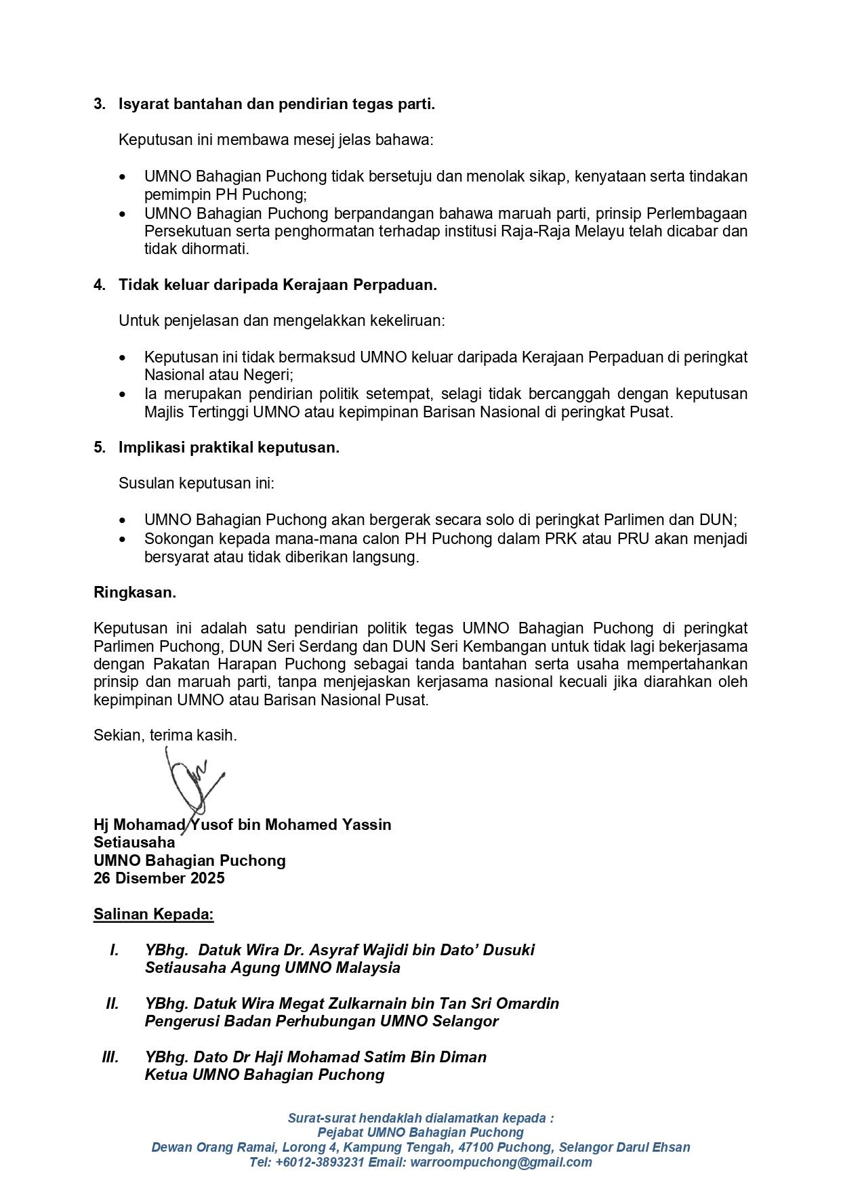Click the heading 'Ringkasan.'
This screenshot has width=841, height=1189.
click(135, 592)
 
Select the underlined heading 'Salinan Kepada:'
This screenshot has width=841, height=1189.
click(153, 914)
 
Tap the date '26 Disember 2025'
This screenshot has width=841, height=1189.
click(159, 878)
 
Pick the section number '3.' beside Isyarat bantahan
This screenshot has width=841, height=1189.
click(100, 104)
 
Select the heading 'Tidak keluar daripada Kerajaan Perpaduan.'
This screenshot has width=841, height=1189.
click(278, 285)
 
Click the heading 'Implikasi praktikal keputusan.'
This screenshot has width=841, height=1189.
click(229, 447)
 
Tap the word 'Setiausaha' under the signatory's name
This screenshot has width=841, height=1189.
click(134, 842)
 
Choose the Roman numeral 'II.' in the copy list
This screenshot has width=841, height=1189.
click(112, 1003)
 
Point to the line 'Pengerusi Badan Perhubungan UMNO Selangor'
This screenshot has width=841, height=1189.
click(321, 1021)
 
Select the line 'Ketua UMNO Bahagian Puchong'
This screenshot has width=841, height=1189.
click(264, 1075)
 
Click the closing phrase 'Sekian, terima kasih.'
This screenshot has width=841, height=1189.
click(165, 735)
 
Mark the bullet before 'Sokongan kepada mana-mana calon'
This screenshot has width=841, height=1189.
click(122, 539)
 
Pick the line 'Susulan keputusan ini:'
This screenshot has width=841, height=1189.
click(196, 484)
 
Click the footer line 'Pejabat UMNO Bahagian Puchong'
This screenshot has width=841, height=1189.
click(420, 1132)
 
